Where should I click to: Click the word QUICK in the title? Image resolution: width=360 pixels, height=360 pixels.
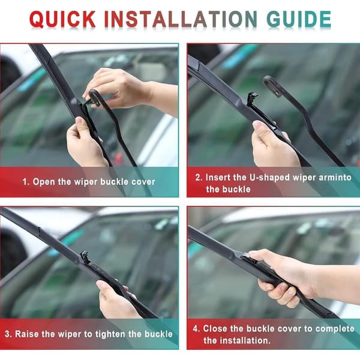click(x=64, y=19)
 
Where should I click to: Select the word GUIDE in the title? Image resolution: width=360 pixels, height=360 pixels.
click(x=298, y=19)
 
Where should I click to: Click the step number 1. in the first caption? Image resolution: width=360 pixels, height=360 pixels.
click(x=26, y=181)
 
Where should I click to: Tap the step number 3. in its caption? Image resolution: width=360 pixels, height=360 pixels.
click(x=9, y=334)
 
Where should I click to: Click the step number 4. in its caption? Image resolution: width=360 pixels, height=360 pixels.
click(x=196, y=329)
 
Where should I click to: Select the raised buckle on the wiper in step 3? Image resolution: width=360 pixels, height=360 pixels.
click(x=85, y=256)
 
